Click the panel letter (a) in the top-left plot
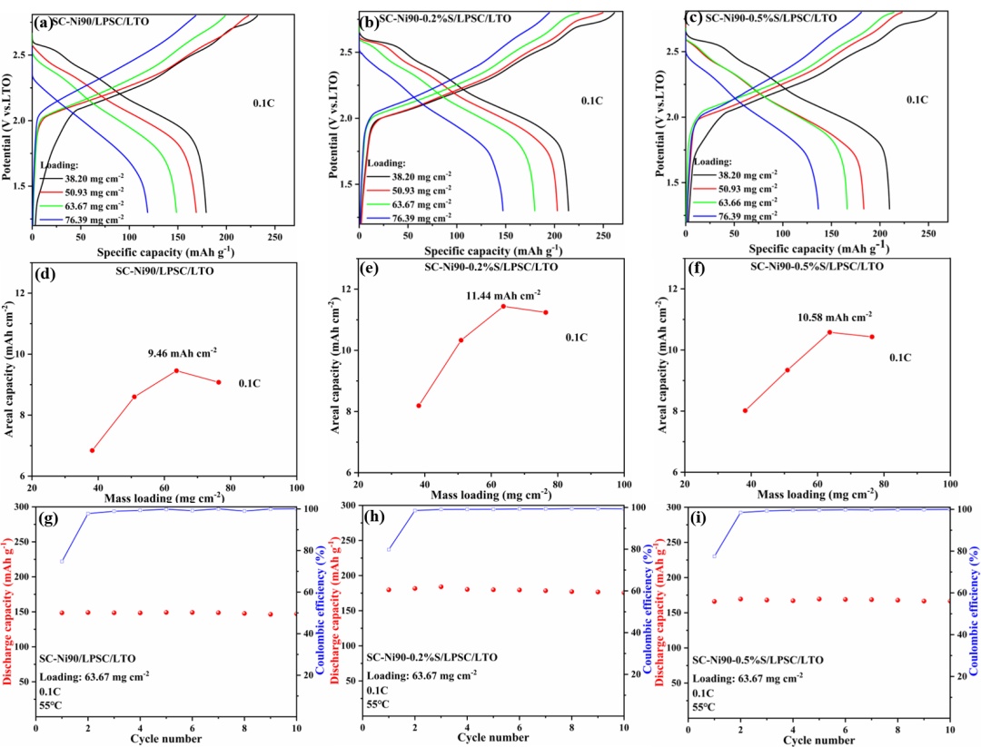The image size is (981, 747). tap(43, 24)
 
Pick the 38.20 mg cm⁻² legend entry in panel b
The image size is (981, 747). tap(415, 175)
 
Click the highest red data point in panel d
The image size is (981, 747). tap(176, 370)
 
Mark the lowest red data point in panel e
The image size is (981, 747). tap(419, 406)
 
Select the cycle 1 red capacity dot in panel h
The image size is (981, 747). tap(389, 589)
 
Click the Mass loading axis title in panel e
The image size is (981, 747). tap(491, 494)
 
